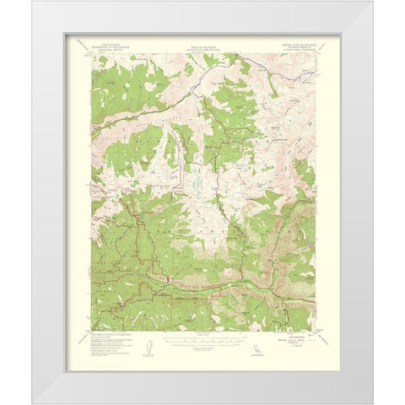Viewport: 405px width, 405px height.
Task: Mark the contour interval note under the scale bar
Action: (x=202, y=347)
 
